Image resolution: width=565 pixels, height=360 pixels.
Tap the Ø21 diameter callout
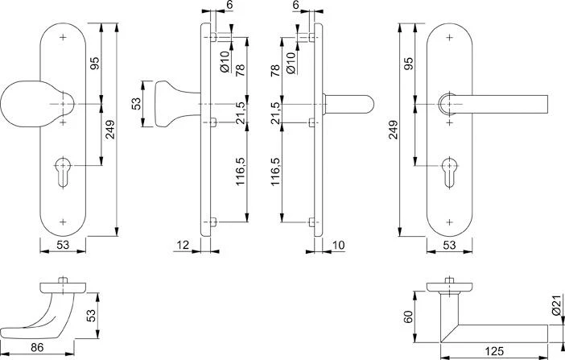pos(555,305)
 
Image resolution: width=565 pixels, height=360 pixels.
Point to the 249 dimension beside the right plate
pos(394,129)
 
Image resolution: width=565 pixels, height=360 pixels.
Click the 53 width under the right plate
pos(450,244)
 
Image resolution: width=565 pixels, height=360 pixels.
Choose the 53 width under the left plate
pos(62,244)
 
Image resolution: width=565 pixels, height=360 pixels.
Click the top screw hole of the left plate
pos(64,38)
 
